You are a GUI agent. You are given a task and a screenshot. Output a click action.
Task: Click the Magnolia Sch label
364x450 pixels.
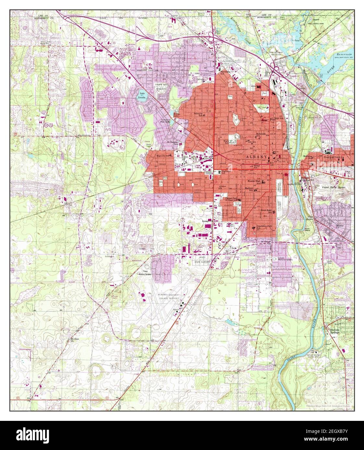[163, 156]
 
